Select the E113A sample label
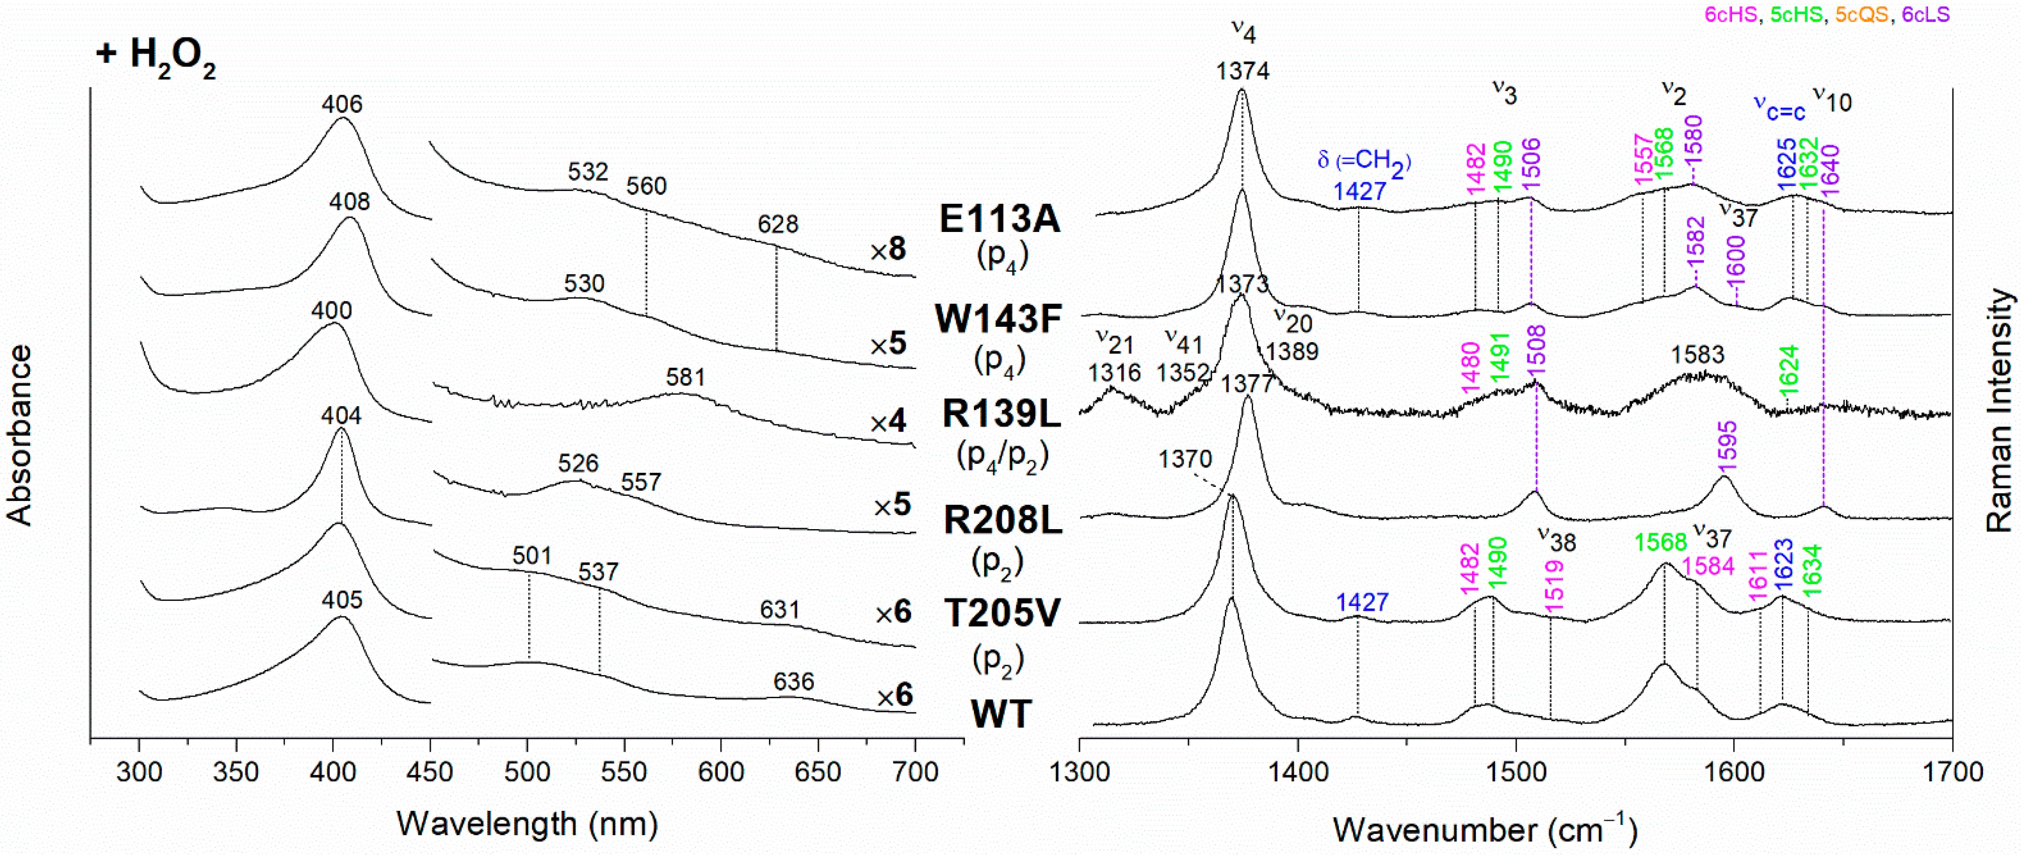(1000, 219)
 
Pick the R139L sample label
(1001, 414)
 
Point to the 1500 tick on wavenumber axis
(1516, 772)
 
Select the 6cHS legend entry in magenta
(1731, 14)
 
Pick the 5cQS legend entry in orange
(1861, 14)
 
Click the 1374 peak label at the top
(1242, 71)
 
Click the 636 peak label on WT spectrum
(793, 681)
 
